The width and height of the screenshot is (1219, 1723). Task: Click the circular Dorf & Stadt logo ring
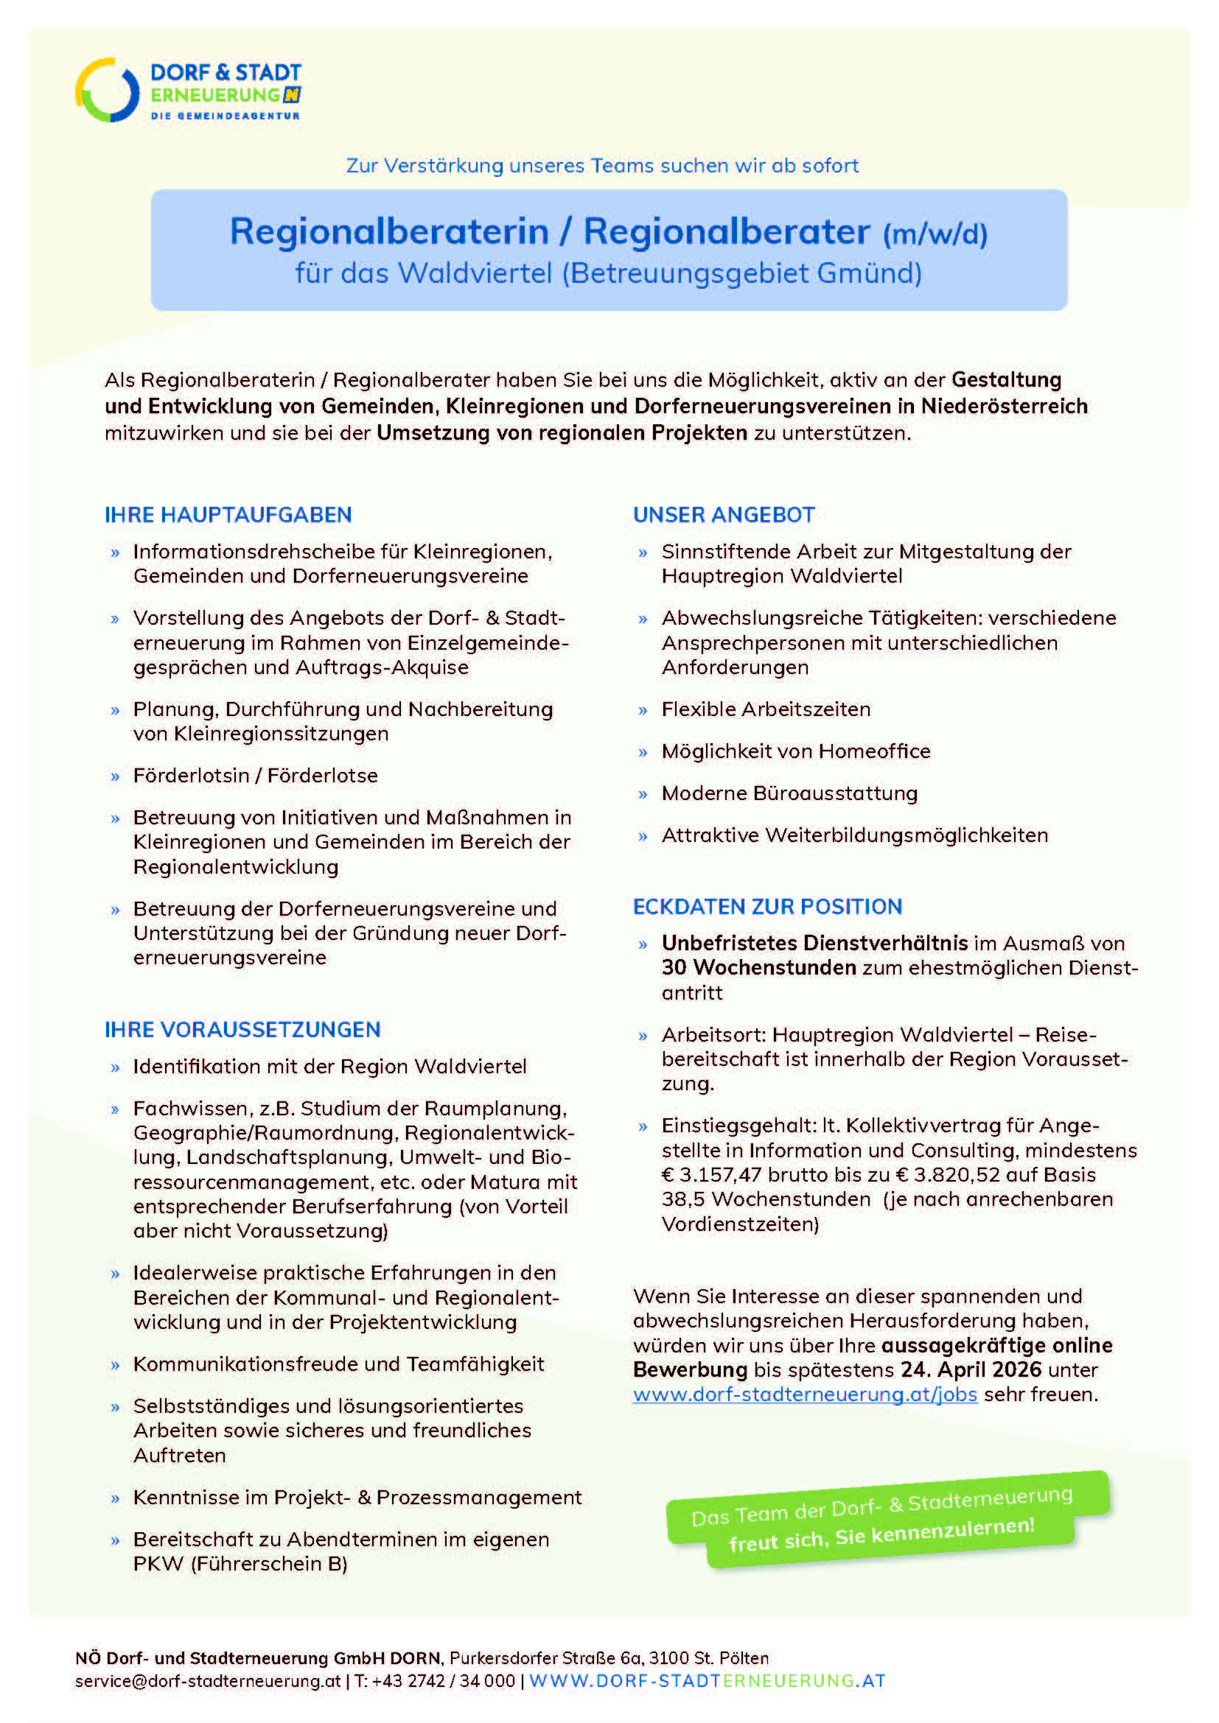(108, 90)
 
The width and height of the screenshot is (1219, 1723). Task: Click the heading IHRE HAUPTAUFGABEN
(228, 515)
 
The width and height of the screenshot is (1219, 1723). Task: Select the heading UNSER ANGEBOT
(724, 515)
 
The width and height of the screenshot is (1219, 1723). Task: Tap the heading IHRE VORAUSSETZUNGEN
(242, 1030)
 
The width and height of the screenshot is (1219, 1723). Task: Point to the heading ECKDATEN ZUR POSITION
(767, 907)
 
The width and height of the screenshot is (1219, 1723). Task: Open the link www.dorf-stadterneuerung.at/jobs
(805, 1394)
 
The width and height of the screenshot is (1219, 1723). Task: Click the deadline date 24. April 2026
(971, 1369)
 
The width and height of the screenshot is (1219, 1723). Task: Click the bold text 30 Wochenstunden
(758, 968)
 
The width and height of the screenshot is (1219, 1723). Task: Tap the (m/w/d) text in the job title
(935, 234)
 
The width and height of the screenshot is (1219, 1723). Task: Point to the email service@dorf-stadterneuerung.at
(208, 1681)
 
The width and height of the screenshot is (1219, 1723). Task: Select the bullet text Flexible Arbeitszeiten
(766, 709)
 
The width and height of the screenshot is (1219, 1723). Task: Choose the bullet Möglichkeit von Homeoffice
(796, 751)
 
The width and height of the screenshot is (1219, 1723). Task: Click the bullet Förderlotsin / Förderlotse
(255, 775)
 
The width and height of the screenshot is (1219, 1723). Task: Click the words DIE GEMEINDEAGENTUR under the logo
(226, 116)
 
